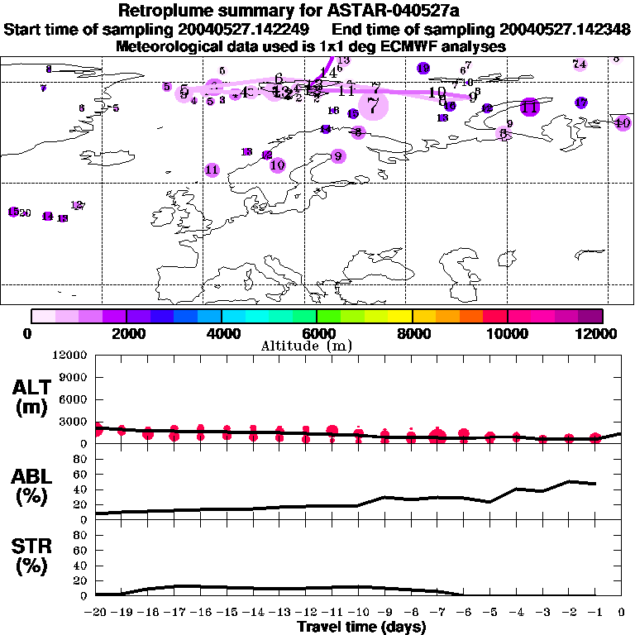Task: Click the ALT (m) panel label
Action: (31, 397)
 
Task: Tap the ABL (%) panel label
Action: (31, 486)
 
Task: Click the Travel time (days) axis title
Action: (361, 627)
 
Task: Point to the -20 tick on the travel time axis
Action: (96, 613)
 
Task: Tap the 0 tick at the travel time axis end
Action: (622, 613)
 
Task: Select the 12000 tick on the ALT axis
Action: (71, 356)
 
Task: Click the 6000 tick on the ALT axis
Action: (74, 399)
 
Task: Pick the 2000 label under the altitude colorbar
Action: (126, 333)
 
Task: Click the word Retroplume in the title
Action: (161, 12)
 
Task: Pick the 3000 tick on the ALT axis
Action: (74, 422)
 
